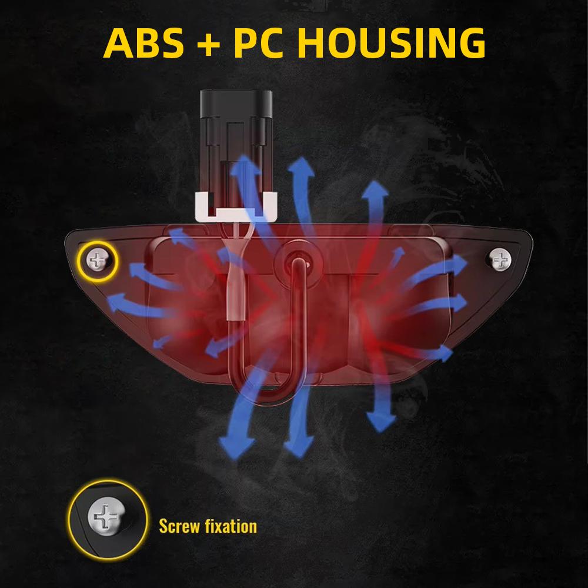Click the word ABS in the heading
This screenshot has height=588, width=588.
pos(143,43)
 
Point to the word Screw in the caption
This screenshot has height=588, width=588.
pos(179,526)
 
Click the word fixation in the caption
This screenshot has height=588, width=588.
pos(231,526)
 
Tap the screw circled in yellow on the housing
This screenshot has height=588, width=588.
pos(97,260)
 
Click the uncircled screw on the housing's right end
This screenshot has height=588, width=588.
pos(500,259)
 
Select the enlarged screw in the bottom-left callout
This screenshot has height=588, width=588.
pos(105,517)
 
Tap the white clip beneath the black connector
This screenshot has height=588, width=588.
pos(236,207)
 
